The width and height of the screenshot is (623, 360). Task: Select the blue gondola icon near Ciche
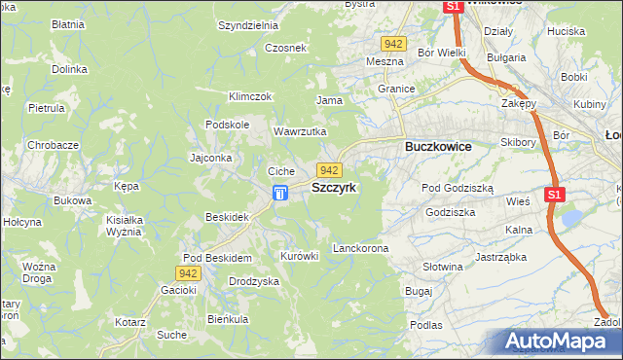pos(280,194)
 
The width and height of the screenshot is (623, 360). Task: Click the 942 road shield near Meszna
pos(393,45)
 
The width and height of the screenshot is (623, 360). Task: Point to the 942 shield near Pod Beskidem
pos(190,273)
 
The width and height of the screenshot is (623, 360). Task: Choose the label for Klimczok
pos(249,96)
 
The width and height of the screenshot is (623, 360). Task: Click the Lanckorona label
pos(360,249)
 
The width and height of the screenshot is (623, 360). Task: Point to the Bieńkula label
pos(228,319)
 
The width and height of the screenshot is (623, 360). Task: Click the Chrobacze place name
pos(54,145)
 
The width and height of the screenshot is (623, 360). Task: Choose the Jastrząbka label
pos(501,258)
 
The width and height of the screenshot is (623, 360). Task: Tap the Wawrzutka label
pos(300,131)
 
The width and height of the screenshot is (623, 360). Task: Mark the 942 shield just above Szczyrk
pos(328,170)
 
